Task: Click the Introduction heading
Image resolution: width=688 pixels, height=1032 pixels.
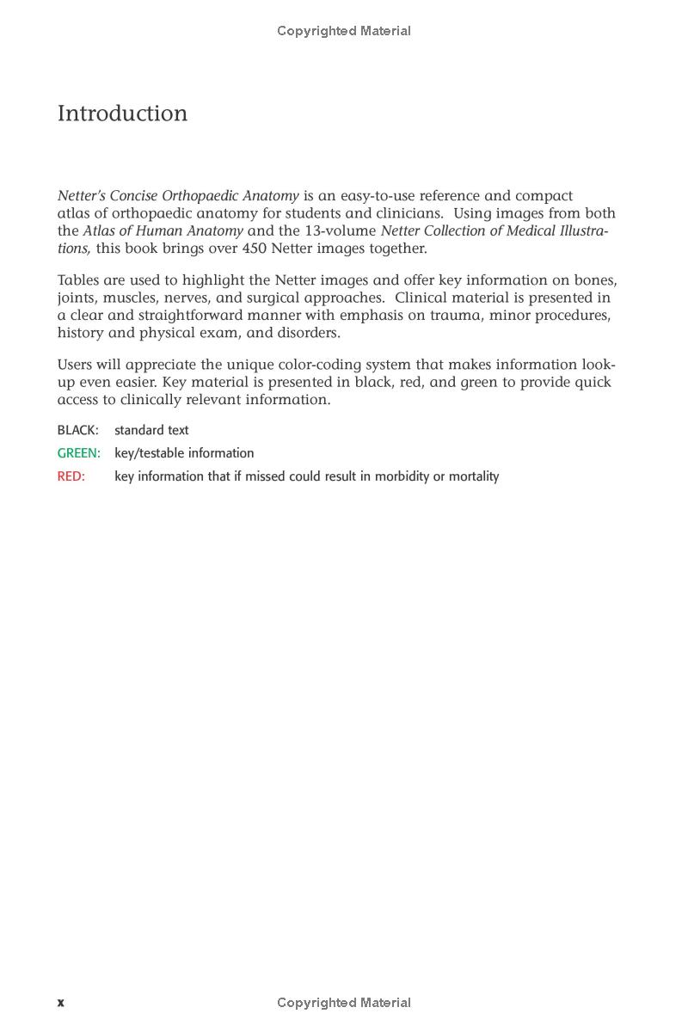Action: (122, 114)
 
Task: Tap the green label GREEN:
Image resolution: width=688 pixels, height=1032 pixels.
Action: (78, 453)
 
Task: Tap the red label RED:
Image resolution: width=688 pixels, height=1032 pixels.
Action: (71, 476)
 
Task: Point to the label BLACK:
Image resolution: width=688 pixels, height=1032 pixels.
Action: (77, 430)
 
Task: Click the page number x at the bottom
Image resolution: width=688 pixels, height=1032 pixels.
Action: (61, 1003)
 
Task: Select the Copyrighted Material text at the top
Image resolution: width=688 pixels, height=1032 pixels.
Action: (344, 31)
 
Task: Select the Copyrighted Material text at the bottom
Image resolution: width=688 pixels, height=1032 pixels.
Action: (344, 1003)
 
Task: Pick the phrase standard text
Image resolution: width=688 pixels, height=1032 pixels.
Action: (151, 430)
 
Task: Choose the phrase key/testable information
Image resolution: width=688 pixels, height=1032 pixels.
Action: (184, 453)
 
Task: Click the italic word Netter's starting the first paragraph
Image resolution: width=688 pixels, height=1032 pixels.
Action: (81, 196)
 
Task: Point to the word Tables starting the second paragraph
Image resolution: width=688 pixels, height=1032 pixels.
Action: (78, 280)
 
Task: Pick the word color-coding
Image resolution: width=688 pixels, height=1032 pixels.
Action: (319, 365)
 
